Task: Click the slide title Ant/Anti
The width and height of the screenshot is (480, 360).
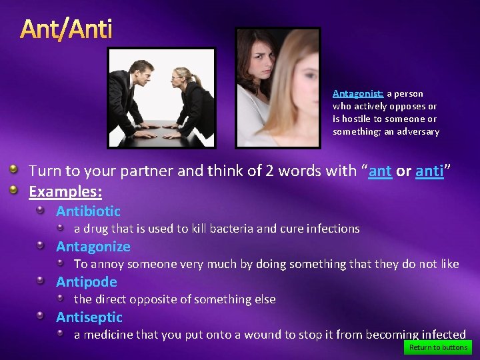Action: point(66,29)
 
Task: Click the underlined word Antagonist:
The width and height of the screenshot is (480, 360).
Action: point(358,94)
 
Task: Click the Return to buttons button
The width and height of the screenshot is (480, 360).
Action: point(438,347)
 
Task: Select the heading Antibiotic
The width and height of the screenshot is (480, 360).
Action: point(88,211)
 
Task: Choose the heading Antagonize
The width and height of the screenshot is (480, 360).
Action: point(93,247)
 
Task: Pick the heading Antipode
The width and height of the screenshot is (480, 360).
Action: point(86,282)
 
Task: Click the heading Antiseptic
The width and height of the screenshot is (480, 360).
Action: point(89,317)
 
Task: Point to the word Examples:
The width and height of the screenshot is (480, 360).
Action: point(65,192)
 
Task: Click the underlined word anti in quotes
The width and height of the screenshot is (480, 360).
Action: point(429,171)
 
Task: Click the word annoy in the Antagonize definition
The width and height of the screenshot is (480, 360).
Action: point(105,264)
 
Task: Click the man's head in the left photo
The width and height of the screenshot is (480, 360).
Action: point(142,71)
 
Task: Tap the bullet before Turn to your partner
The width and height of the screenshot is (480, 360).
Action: point(13,171)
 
